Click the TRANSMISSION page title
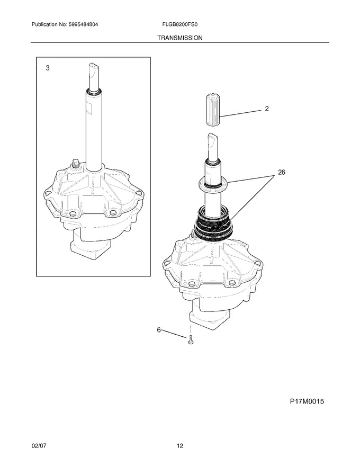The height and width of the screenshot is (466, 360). coord(179,38)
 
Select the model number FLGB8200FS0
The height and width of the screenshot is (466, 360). coord(179,24)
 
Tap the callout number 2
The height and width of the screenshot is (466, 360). coord(267,109)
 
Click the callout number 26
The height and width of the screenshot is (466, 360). coord(281,172)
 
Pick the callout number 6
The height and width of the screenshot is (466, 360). coord(159,330)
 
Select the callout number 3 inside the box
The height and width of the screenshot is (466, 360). coord(48,68)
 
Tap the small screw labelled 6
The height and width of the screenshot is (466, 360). coord(191,339)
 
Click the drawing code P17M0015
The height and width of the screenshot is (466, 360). coord(307,402)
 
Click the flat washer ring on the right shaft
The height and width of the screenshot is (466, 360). coord(213,183)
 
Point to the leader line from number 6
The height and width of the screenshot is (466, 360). coord(174,334)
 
